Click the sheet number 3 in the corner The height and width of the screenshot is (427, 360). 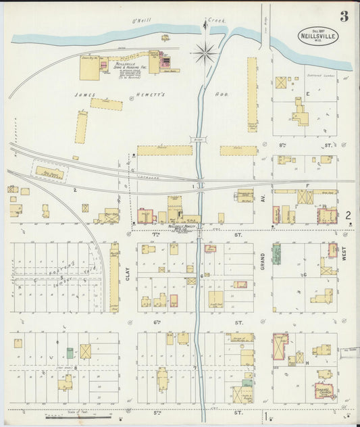tap(344, 16)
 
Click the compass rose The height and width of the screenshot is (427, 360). tap(204, 52)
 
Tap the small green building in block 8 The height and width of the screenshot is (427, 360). tap(70, 353)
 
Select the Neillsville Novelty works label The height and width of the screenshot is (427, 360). tap(179, 227)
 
